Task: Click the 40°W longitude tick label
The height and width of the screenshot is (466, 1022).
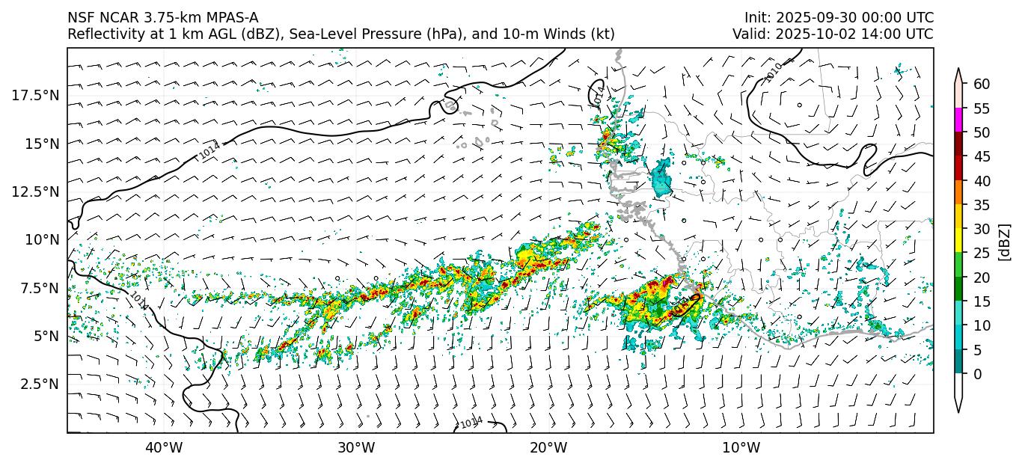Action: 163,448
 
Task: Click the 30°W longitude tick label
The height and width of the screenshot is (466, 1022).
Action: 356,448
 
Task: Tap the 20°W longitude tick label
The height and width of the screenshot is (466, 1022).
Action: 548,448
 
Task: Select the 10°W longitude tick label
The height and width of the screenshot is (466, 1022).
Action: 741,448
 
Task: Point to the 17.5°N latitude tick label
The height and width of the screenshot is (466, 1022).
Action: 36,95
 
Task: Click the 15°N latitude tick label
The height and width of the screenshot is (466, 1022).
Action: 42,143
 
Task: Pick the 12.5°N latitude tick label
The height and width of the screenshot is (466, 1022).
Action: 36,191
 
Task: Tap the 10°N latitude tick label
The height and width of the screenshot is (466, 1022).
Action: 42,239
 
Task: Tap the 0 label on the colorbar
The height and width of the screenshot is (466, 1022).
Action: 977,374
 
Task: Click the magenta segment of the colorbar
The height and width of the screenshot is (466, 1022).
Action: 958,120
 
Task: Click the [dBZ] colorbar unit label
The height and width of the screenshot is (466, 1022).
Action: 1005,241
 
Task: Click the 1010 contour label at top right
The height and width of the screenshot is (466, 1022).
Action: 774,72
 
